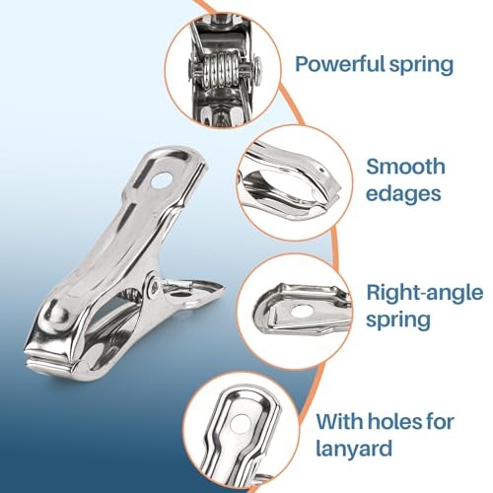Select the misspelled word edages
[x=403, y=193]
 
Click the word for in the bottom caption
[x=441, y=422]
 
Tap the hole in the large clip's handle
[x=161, y=181]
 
